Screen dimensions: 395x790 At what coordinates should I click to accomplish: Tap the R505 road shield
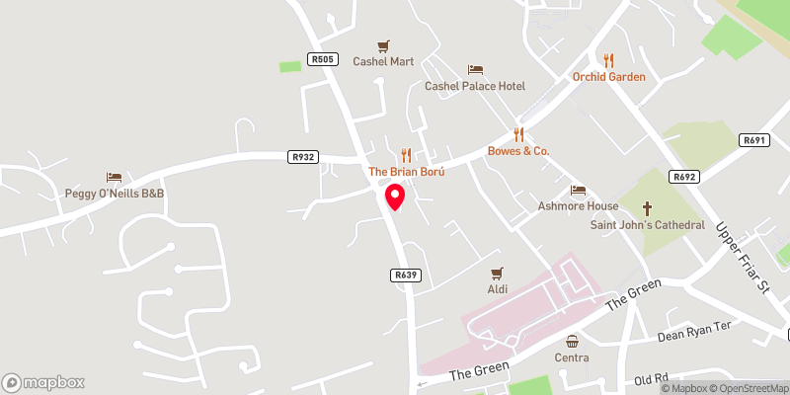321,59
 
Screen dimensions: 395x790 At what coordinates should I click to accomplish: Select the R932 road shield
303,157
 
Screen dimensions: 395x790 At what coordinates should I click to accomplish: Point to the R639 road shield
405,276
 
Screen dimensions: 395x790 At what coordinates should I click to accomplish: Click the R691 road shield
754,141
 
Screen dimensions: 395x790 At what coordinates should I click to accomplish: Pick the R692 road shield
683,177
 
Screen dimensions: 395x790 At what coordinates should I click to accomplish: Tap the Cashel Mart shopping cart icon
384,45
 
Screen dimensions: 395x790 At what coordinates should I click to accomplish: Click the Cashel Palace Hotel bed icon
475,70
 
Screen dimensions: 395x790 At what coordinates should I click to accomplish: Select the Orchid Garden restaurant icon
608,60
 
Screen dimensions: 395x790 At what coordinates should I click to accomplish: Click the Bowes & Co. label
518,151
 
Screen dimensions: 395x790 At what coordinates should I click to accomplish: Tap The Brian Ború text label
407,172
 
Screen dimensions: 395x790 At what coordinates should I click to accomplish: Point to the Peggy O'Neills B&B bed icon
114,177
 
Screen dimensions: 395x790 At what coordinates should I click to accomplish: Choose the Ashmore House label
578,206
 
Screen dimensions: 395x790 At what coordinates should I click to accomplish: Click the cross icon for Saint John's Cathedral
648,208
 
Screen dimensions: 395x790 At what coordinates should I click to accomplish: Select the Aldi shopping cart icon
497,273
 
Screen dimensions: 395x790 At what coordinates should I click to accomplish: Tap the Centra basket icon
572,340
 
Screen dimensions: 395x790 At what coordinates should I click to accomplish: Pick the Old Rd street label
652,379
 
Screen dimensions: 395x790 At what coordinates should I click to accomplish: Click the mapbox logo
43,382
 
